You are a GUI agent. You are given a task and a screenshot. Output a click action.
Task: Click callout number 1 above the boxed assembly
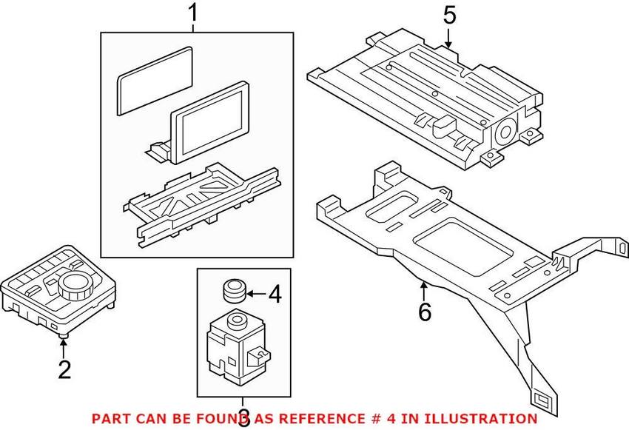(193, 13)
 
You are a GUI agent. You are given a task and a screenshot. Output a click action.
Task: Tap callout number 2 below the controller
(64, 368)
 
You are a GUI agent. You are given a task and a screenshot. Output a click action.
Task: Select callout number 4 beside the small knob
(275, 296)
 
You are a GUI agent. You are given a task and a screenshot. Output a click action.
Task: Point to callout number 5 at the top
(450, 14)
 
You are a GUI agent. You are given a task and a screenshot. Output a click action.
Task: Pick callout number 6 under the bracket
(424, 312)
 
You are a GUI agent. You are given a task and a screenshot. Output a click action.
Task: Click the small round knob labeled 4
(235, 290)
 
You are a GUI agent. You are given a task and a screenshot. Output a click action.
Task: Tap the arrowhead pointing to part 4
(249, 295)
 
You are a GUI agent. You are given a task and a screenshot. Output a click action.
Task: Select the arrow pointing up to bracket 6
(424, 286)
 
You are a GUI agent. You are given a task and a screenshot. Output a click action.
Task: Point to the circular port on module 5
(507, 134)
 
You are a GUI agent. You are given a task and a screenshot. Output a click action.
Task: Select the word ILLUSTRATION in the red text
(489, 419)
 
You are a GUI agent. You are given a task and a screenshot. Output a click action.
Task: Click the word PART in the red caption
(109, 419)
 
